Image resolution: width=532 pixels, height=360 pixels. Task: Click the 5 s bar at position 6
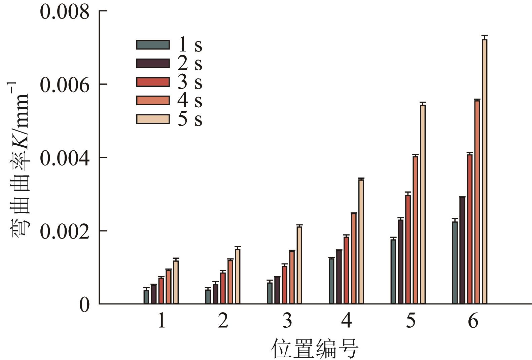pos(485,172)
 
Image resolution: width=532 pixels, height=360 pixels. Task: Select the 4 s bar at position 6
pos(477,202)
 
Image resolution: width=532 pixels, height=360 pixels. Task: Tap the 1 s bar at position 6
pos(455,262)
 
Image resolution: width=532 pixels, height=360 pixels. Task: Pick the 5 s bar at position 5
pos(423,204)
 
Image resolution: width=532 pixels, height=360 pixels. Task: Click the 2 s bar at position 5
pos(400,261)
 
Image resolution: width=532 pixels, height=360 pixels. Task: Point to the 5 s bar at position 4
pos(361,242)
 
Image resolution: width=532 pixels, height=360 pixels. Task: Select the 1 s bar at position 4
pos(331,281)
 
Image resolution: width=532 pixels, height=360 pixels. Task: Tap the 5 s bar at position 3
pos(299,265)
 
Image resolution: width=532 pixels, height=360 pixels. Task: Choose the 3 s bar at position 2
pos(223,288)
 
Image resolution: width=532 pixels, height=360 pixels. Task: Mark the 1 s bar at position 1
pos(146,297)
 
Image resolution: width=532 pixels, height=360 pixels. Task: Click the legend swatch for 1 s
pos(153,45)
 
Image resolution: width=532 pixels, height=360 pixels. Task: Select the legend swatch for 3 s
pos(153,82)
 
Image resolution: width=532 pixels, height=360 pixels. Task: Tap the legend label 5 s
pos(190,119)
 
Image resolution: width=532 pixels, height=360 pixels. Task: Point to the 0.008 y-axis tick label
pos(65,12)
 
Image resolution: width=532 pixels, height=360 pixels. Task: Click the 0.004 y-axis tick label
pos(65,158)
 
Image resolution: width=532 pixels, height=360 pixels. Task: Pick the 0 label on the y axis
pos(84,305)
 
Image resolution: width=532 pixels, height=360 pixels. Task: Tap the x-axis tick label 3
pos(287,321)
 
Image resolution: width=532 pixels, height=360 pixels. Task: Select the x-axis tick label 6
pos(473,321)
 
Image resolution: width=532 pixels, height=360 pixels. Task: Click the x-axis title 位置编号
pos(315,349)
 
